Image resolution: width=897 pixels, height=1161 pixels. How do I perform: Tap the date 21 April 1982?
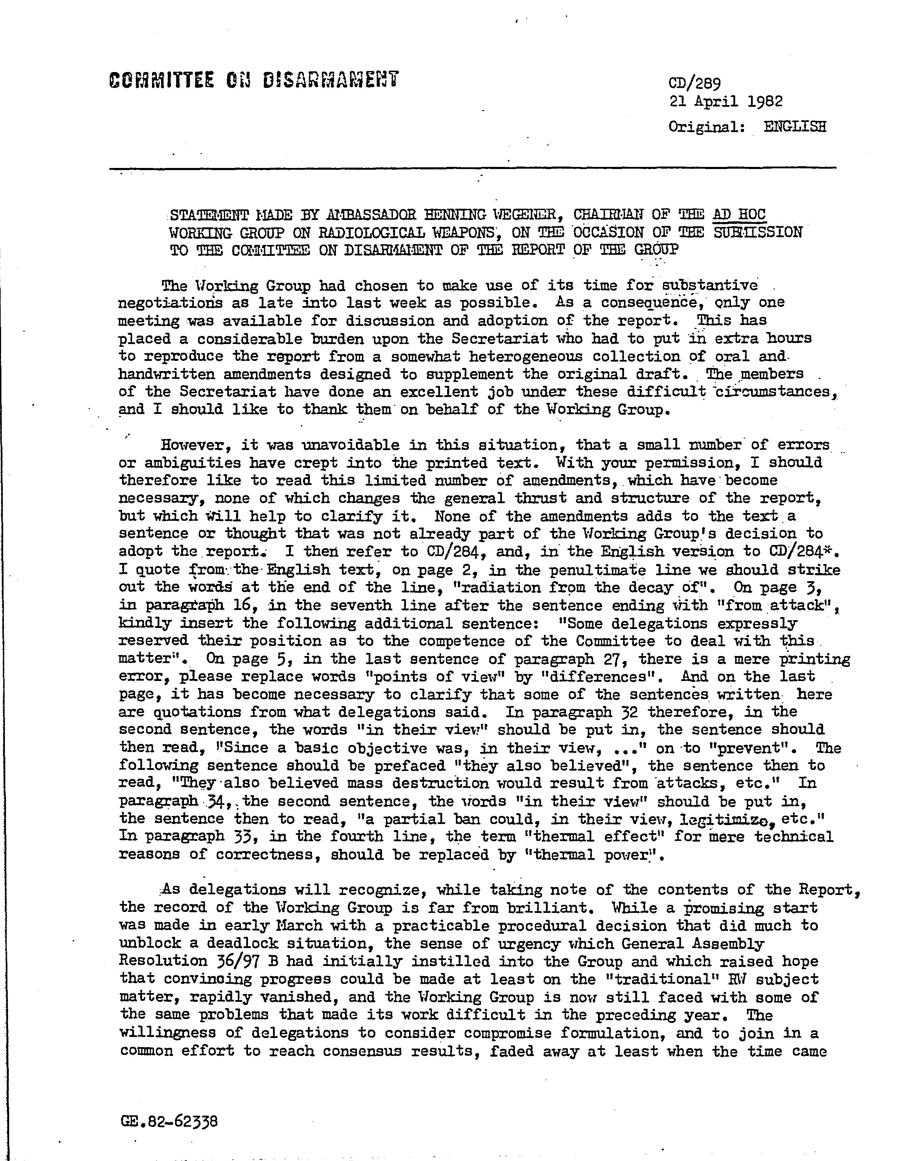tap(726, 101)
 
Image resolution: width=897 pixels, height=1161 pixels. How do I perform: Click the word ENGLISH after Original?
tap(795, 127)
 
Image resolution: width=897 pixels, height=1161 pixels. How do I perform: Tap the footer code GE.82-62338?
tap(169, 1122)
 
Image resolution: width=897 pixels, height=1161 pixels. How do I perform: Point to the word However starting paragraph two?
tap(195, 445)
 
